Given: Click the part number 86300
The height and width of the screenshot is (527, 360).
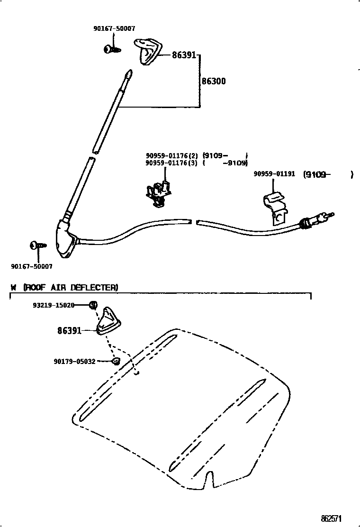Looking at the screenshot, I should pyautogui.click(x=214, y=81).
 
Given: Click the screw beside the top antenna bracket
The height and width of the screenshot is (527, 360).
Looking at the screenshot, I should pyautogui.click(x=112, y=48).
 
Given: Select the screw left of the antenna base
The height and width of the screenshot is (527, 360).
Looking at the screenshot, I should pyautogui.click(x=38, y=245).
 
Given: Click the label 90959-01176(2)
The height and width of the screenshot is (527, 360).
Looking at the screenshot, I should pyautogui.click(x=171, y=155).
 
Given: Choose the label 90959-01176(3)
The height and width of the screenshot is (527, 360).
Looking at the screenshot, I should pyautogui.click(x=171, y=163).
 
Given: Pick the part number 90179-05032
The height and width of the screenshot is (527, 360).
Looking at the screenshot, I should pyautogui.click(x=74, y=362).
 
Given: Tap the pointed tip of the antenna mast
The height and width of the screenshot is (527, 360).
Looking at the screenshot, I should pyautogui.click(x=129, y=73).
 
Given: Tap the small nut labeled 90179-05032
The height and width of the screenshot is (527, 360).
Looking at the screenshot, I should pyautogui.click(x=115, y=362).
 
